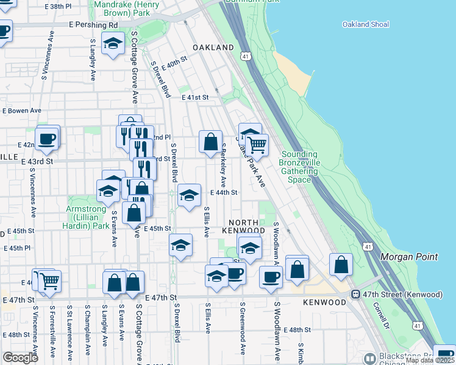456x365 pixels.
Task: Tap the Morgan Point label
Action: (408, 257)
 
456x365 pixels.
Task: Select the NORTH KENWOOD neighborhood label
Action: (247, 226)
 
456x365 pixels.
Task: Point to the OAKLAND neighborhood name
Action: (213, 47)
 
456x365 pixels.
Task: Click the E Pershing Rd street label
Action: (93, 26)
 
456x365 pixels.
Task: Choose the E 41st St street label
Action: (194, 97)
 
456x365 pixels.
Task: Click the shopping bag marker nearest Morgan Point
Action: (341, 265)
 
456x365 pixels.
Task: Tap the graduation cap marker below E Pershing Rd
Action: (113, 44)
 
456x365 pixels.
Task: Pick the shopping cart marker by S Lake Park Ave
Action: (257, 145)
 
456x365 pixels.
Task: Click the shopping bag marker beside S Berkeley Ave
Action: (210, 142)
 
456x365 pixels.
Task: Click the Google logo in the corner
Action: (21, 358)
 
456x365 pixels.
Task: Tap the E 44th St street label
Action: (223, 192)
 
